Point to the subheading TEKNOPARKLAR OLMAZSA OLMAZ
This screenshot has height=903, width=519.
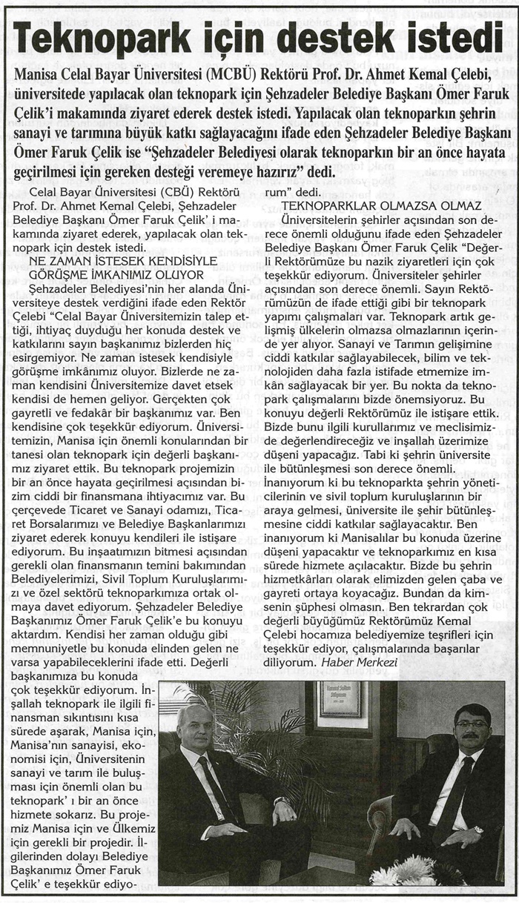tap(383, 205)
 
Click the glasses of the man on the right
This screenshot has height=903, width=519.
tap(472, 723)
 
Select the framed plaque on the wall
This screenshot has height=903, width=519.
tap(340, 699)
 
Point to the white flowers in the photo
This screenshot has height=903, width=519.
tap(404, 870)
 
